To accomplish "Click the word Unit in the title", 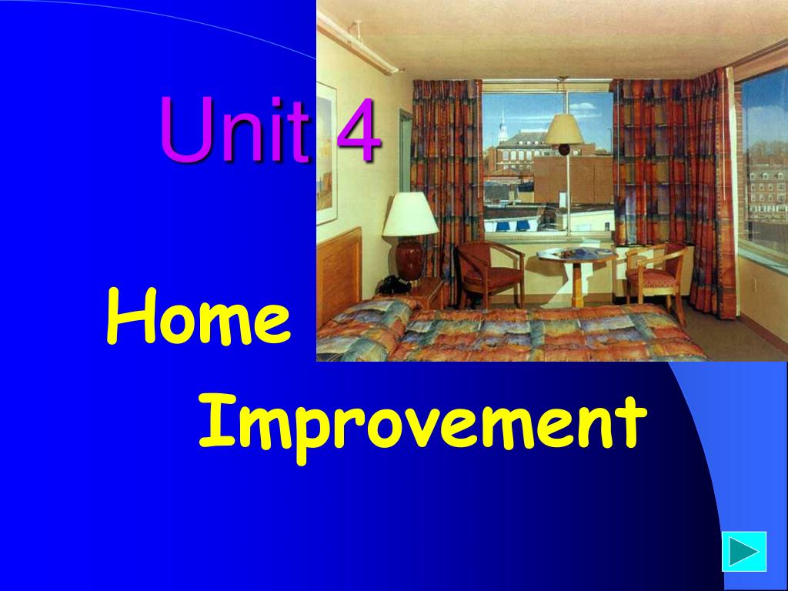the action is [x=235, y=129].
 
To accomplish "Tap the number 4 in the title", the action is [x=358, y=129].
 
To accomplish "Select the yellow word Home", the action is [x=199, y=316].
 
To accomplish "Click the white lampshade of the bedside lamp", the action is [x=410, y=214].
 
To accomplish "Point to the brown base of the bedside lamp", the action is [x=409, y=259].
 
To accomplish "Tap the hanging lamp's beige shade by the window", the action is [x=564, y=129].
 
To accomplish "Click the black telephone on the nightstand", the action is [x=394, y=285].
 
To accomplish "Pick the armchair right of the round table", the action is [x=656, y=279].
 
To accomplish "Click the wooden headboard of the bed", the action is [x=339, y=272].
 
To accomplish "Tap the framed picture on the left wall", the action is [x=326, y=153].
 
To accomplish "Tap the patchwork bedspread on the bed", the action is [x=508, y=331].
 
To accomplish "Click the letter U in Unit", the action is [x=186, y=129].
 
